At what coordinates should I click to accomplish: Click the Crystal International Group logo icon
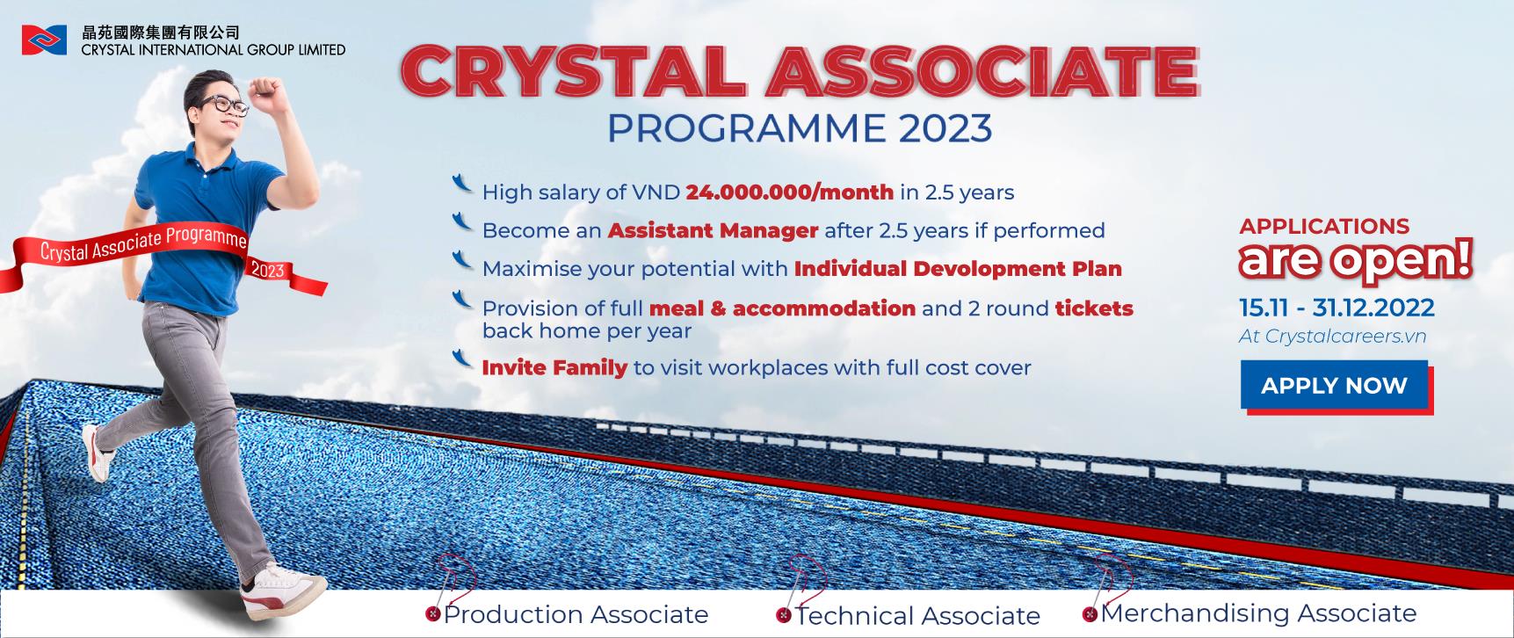[x=44, y=40]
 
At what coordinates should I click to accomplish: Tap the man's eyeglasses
[x=223, y=105]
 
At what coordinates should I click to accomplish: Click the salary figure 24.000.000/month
[x=789, y=192]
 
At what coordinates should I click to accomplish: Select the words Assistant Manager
[x=713, y=231]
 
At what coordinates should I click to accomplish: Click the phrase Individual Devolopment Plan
[x=958, y=269]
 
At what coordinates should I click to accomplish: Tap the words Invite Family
[x=554, y=367]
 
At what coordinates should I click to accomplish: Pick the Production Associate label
[x=576, y=614]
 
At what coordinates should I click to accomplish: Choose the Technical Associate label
[x=917, y=616]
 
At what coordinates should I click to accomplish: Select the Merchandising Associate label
[x=1258, y=613]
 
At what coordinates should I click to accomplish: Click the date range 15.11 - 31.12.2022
[x=1337, y=308]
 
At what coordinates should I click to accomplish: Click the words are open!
[x=1355, y=261]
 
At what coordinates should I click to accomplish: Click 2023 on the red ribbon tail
[x=268, y=270]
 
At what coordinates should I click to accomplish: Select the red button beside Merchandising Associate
[x=1090, y=614]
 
